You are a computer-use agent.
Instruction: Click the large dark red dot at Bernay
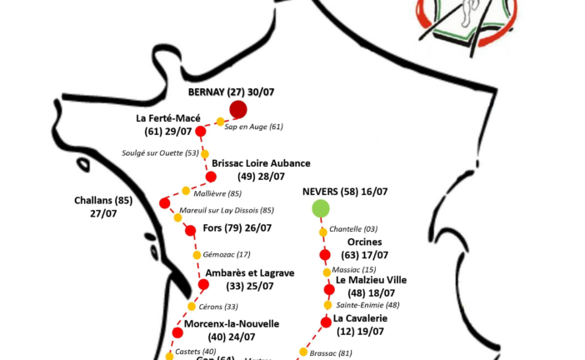click(238, 109)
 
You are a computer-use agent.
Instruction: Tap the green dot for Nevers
click(320, 207)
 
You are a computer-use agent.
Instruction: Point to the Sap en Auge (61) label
click(255, 127)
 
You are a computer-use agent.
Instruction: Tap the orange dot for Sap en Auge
click(220, 122)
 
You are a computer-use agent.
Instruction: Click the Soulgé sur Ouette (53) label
click(162, 153)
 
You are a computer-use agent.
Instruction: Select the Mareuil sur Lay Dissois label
click(227, 210)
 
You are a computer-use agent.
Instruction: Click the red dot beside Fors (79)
click(190, 230)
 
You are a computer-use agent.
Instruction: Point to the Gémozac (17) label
click(227, 254)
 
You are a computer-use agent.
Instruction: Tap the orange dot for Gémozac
click(197, 254)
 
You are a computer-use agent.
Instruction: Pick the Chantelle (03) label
click(353, 228)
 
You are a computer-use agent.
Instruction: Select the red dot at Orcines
click(325, 254)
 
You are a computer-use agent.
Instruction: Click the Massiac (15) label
click(354, 270)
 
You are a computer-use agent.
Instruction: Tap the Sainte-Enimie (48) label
click(367, 305)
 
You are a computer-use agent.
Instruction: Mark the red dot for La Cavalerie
click(325, 322)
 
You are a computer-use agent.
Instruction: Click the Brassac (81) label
click(331, 352)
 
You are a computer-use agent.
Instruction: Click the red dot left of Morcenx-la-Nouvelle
click(177, 332)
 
